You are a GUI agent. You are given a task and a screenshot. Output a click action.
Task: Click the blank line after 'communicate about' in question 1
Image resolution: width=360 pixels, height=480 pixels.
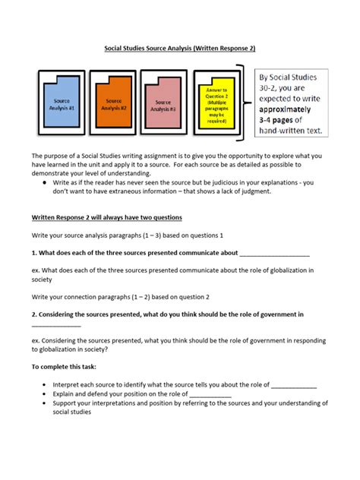pyautogui.click(x=274, y=253)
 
